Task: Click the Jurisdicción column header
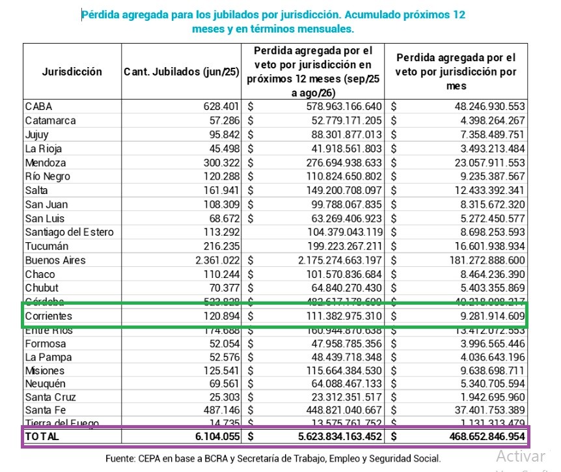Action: pos(72,72)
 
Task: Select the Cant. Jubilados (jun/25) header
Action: pos(181,72)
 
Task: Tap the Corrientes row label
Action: pos(49,316)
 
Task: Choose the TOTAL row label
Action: pos(42,437)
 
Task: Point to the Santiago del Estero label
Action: pos(69,232)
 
